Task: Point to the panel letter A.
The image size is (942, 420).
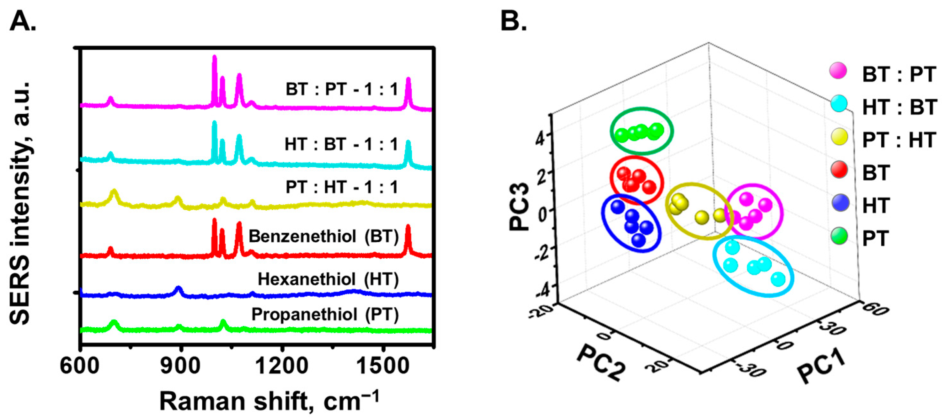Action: (x=23, y=21)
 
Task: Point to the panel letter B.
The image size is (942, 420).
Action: (x=513, y=21)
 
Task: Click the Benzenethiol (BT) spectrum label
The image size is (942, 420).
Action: (x=323, y=237)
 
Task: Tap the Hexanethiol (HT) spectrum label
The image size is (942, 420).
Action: (x=328, y=279)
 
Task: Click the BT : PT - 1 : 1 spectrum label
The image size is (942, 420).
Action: (x=342, y=89)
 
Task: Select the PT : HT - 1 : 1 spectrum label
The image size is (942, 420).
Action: (x=342, y=187)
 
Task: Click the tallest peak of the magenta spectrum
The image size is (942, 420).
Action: (x=215, y=58)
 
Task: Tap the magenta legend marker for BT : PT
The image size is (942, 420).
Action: (x=838, y=71)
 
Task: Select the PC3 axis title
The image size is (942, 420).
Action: (x=519, y=207)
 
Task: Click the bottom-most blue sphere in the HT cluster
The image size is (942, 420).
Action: (x=638, y=240)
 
